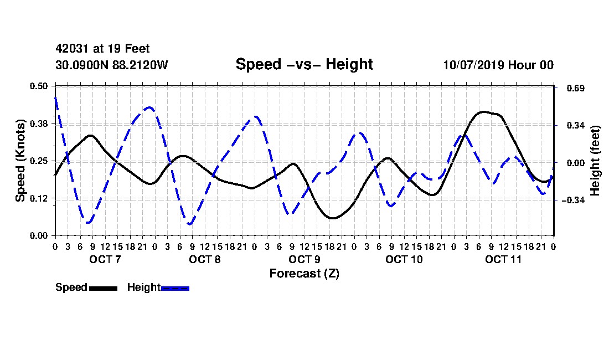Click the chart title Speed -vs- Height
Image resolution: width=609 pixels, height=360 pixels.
point(304,64)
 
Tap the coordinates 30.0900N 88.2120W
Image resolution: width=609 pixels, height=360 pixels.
point(112,65)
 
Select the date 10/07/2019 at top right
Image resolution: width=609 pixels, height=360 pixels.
point(473,65)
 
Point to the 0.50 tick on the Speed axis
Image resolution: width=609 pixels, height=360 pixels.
point(38,86)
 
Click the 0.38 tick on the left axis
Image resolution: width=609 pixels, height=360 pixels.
point(38,124)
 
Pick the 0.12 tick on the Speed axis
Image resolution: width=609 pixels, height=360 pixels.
point(38,198)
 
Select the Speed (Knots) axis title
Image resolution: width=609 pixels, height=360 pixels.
point(20,161)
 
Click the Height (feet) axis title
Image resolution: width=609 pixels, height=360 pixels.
point(595,161)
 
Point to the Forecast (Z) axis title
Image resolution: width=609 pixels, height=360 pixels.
point(304,274)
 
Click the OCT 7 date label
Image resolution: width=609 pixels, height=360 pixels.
point(105,259)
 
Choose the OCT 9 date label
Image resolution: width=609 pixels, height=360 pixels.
point(304,259)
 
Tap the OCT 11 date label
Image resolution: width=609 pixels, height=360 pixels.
point(503,259)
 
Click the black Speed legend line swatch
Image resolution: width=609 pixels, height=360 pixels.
point(104,288)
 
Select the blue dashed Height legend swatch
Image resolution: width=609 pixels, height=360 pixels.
point(175,288)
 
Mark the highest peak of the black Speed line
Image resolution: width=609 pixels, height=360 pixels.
point(483,112)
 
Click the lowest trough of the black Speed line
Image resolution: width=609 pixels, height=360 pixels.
point(333,218)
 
